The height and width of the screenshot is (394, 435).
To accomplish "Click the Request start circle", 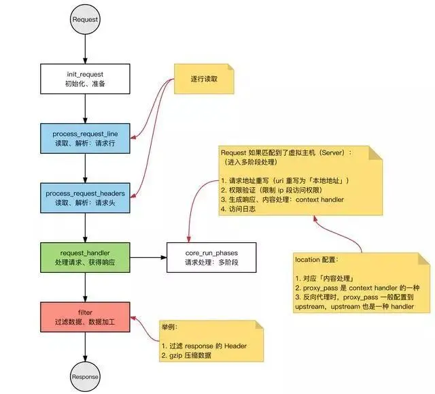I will point(85,19).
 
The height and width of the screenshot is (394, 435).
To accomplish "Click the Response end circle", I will point(85,376).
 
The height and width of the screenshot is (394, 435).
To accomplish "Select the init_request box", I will point(85,79).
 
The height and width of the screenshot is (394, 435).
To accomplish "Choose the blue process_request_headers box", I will point(85,198).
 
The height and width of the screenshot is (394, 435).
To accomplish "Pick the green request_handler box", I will point(85,257).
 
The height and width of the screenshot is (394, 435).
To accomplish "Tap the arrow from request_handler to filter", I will point(85,286).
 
